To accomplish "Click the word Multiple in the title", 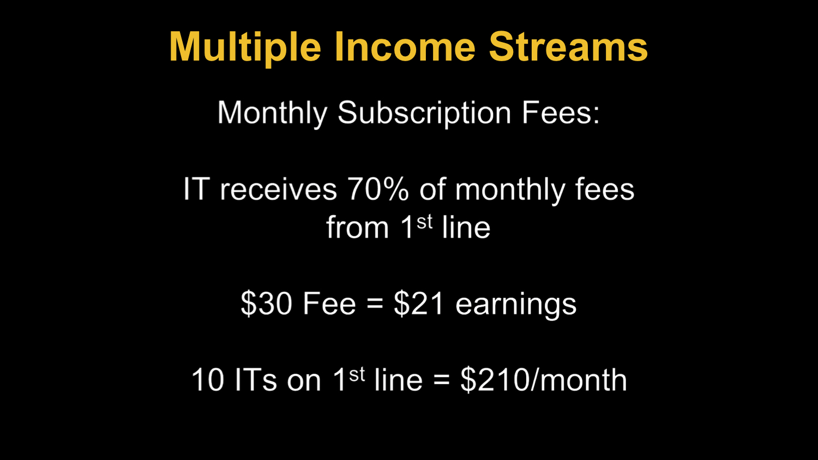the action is pyautogui.click(x=245, y=47).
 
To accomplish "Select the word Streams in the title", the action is pyautogui.click(x=569, y=47).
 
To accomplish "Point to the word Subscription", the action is pyautogui.click(x=424, y=113).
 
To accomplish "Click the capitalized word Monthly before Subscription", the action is pyautogui.click(x=273, y=113).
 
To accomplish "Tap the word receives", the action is pyautogui.click(x=278, y=189).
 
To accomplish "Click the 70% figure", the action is pyautogui.click(x=378, y=189).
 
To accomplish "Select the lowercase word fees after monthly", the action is pyautogui.click(x=604, y=189).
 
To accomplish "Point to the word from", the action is pyautogui.click(x=358, y=227).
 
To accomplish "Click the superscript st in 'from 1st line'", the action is pyautogui.click(x=424, y=222).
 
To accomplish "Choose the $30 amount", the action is pyautogui.click(x=267, y=303).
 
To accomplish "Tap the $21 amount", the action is pyautogui.click(x=419, y=303).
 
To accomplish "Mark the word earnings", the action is pyautogui.click(x=516, y=304).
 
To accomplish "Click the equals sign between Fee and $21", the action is pyautogui.click(x=375, y=304).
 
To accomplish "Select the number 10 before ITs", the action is pyautogui.click(x=208, y=380).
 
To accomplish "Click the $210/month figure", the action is pyautogui.click(x=544, y=380).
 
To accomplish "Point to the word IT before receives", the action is pyautogui.click(x=196, y=189).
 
